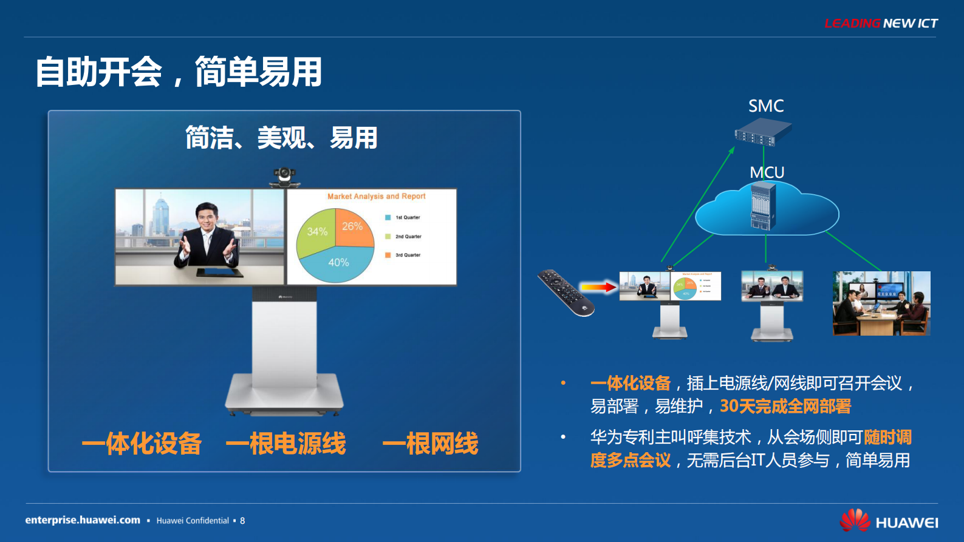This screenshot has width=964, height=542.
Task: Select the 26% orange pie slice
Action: coord(353,228)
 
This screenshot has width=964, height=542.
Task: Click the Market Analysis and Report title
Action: coord(376,196)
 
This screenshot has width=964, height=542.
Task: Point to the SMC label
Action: coord(765,106)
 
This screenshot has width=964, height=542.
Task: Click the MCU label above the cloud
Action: coord(767,172)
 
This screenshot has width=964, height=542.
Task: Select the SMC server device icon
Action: coord(763,132)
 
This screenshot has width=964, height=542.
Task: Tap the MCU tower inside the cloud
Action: coord(763,206)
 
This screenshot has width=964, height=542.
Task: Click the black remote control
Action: coord(566,293)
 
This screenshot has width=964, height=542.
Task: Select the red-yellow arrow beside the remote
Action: coord(598,287)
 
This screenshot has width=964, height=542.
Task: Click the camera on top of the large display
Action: coord(284,177)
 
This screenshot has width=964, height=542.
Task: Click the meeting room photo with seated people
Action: coord(881,303)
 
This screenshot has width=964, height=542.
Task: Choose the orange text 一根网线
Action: coord(430,444)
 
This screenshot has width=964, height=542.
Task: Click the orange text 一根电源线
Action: coord(285,444)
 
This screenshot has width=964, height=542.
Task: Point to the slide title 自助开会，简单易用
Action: coord(178,72)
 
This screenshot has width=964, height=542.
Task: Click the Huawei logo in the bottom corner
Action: coord(888,521)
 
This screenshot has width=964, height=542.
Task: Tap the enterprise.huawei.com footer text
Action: coord(83,520)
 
